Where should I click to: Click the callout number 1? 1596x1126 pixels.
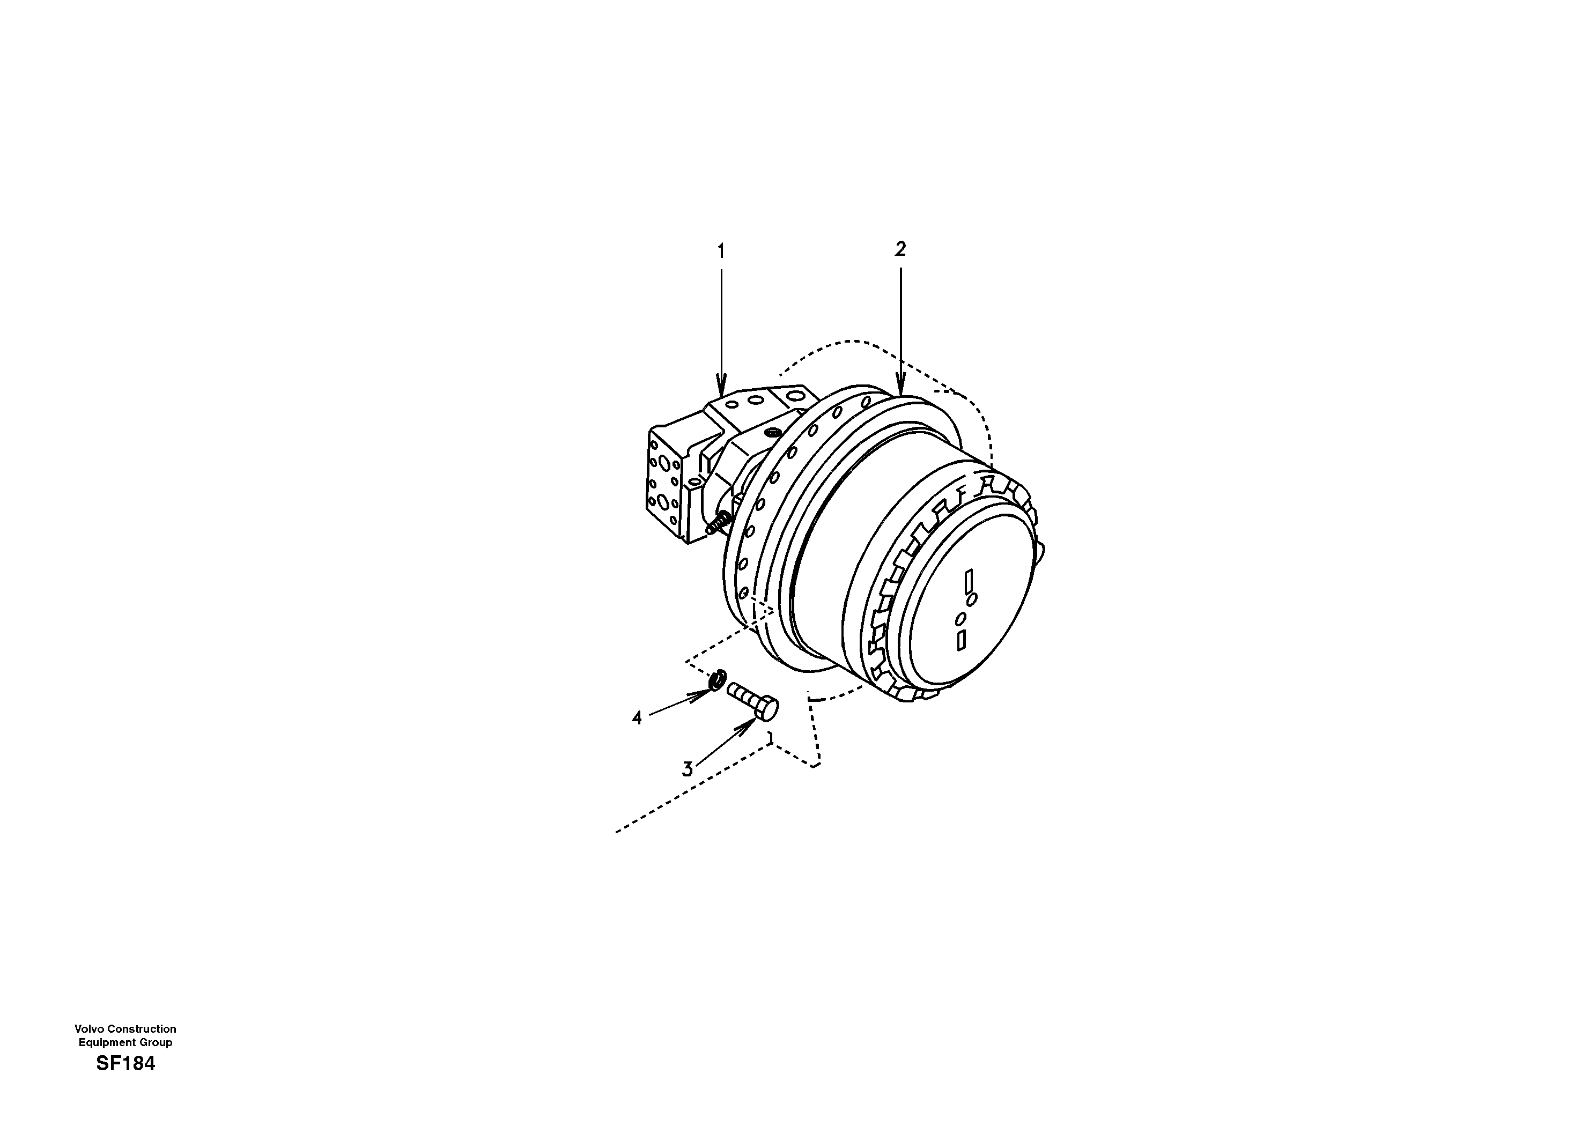pyautogui.click(x=721, y=251)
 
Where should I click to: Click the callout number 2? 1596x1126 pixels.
pyautogui.click(x=900, y=249)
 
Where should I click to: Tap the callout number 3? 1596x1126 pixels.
pyautogui.click(x=688, y=769)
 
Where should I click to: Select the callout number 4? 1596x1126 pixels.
pyautogui.click(x=637, y=718)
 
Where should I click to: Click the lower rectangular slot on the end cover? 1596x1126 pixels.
pyautogui.click(x=962, y=640)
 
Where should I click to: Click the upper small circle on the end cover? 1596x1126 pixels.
pyautogui.click(x=972, y=598)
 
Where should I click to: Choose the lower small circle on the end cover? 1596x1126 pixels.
pyautogui.click(x=960, y=618)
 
